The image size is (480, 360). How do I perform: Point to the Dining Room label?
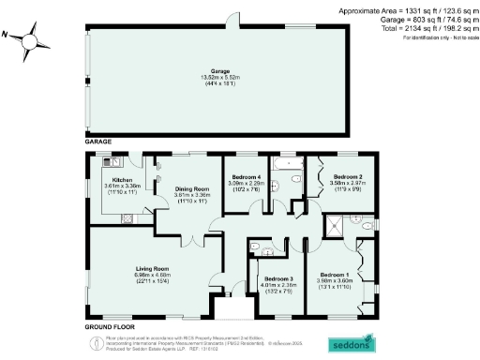[190, 188]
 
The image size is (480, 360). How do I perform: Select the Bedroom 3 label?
[277, 278]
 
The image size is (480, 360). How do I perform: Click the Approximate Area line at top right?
[404, 8]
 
